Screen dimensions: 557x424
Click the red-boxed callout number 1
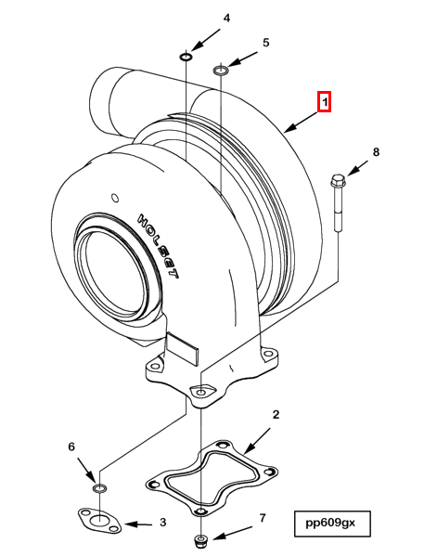(x=325, y=102)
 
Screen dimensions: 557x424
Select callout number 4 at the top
(x=226, y=18)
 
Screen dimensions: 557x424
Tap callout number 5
(x=265, y=43)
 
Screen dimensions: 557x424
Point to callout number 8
(x=376, y=151)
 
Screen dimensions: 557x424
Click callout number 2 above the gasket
(x=276, y=413)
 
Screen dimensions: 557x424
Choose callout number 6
(x=71, y=447)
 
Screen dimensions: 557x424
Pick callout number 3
(x=162, y=524)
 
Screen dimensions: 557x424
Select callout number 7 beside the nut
(x=262, y=517)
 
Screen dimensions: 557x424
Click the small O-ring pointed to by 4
(x=186, y=58)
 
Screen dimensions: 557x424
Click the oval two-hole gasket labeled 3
(x=97, y=522)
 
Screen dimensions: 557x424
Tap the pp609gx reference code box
(x=331, y=523)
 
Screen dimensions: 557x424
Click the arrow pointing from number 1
(x=301, y=120)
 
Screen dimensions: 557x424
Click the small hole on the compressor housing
(x=114, y=196)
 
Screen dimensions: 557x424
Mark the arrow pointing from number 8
(x=357, y=169)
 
